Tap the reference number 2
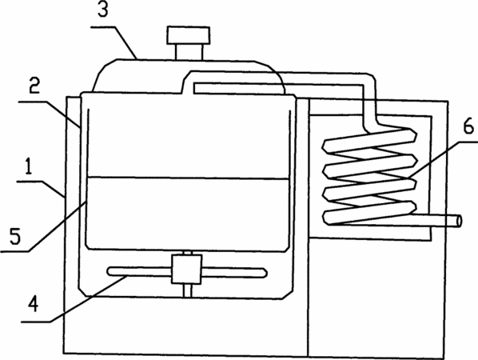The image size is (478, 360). [34, 86]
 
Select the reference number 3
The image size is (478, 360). [103, 10]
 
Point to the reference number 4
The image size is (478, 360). [34, 304]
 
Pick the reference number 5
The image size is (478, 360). [15, 235]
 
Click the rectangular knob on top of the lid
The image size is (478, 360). [188, 35]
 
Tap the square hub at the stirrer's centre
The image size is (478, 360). [186, 270]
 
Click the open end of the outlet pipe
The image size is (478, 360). [459, 221]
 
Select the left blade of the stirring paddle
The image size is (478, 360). [139, 272]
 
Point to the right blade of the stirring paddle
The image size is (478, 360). [234, 273]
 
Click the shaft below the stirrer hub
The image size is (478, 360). [188, 290]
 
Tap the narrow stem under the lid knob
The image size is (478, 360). [189, 51]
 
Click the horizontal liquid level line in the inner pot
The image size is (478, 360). [188, 178]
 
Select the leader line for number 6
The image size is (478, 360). [443, 158]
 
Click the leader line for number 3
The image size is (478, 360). [114, 42]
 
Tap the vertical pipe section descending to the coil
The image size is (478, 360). [370, 104]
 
